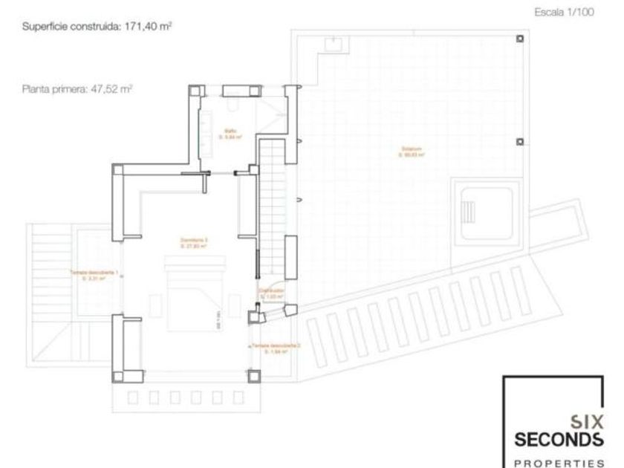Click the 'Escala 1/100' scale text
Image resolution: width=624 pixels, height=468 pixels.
tap(564, 13)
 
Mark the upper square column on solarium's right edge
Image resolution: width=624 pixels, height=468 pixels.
tap(519, 39)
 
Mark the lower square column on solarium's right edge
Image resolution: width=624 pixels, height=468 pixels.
tap(519, 142)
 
